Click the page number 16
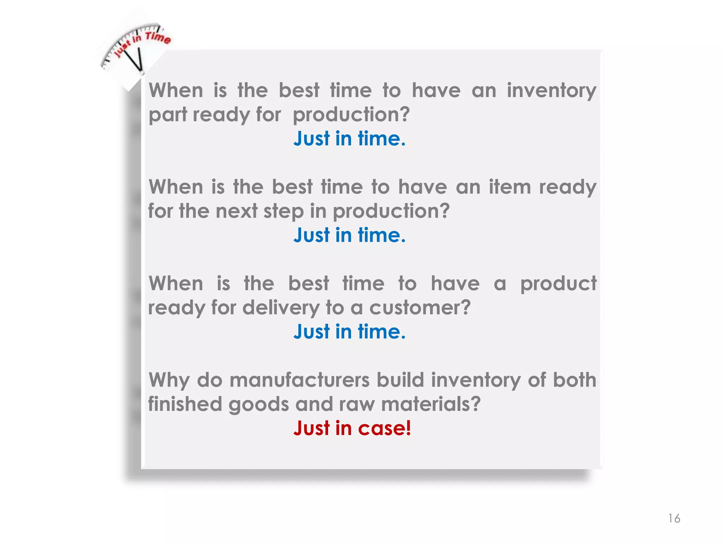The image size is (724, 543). coord(674,518)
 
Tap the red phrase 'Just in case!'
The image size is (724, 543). coord(352,428)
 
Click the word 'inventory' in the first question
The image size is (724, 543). coord(551,90)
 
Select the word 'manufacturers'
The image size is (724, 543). coord(299,380)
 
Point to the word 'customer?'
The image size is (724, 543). coord(420,307)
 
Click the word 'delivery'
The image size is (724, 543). coord(281,307)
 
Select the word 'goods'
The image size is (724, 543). coord(259,404)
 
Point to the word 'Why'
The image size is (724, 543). coord(169,380)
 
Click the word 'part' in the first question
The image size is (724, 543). coord(168,115)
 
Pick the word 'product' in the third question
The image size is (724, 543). coord(558,284)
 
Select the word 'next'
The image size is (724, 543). coord(237,211)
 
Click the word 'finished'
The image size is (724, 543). coord(185,404)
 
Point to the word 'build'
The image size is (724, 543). coord(400,380)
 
